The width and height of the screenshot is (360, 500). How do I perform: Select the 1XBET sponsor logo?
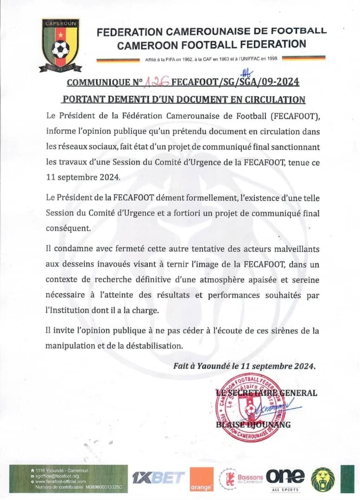[x=158, y=478]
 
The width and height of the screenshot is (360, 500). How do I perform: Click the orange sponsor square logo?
[x=202, y=479]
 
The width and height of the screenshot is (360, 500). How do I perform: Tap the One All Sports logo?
[x=285, y=479]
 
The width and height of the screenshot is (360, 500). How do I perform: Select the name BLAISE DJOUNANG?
[x=253, y=425]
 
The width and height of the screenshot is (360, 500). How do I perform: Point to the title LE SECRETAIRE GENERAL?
[x=266, y=393]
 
